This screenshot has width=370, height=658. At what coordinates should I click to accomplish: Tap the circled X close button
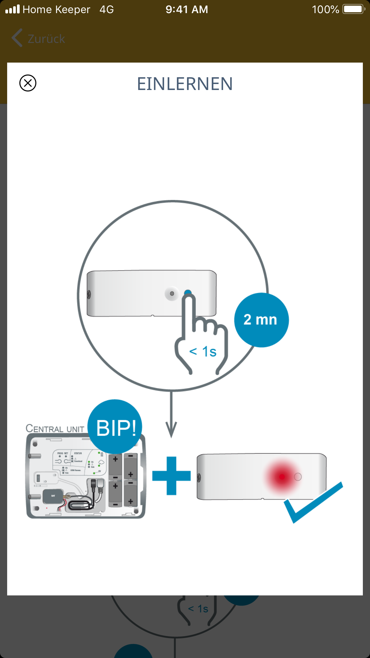tap(28, 83)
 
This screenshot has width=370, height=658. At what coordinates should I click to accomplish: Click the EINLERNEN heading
tap(185, 84)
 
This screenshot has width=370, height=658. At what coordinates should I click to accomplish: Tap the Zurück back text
tap(46, 39)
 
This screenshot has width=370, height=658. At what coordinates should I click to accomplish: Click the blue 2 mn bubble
tap(261, 320)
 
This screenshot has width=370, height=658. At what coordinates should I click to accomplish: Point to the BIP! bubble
tap(115, 427)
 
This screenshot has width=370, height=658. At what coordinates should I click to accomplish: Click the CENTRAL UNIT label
tap(55, 429)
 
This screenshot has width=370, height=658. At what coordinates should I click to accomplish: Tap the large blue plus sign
tap(171, 476)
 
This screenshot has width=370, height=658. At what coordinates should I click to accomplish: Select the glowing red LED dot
tap(282, 477)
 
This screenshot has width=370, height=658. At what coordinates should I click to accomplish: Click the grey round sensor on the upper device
tap(172, 294)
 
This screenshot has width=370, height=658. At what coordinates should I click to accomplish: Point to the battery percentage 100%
tap(325, 10)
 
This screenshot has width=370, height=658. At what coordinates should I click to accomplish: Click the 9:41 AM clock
tap(187, 10)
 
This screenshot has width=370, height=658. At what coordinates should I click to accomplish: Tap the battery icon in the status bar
tap(354, 9)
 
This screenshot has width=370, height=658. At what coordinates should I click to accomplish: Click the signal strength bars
tap(13, 9)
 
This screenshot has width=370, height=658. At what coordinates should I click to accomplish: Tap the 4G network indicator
tap(107, 10)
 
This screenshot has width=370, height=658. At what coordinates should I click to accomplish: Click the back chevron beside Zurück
tap(17, 38)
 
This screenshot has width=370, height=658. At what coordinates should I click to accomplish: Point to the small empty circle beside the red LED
tap(298, 477)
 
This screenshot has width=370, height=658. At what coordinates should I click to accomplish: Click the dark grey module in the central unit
tap(53, 496)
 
